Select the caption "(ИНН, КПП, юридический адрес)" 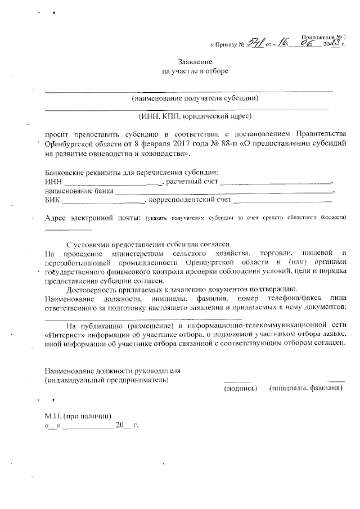pos(195,116)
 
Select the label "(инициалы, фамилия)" pos(306,388)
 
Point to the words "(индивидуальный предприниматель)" pos(106,380)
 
